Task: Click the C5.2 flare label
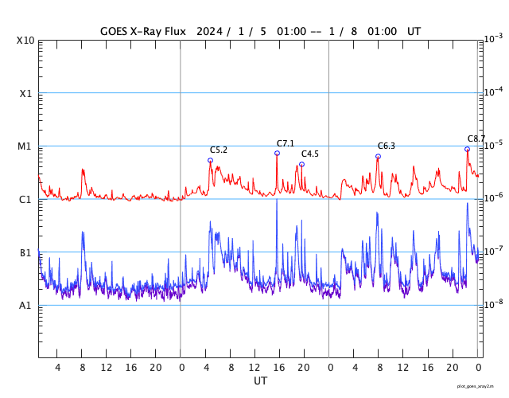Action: tap(219, 150)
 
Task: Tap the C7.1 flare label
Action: tap(286, 143)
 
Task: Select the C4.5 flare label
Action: tap(309, 154)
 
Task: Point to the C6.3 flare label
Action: tap(387, 146)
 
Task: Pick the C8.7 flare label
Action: tap(476, 139)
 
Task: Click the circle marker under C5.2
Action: tap(210, 160)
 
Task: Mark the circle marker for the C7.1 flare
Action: tap(277, 153)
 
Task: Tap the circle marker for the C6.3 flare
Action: tap(378, 156)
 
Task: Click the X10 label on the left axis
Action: tap(25, 41)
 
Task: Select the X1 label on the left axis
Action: tap(25, 93)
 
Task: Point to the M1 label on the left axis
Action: tap(25, 146)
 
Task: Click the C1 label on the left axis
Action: tap(25, 199)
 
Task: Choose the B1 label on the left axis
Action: tap(25, 252)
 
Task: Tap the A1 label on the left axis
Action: tap(25, 306)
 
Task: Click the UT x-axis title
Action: tap(260, 381)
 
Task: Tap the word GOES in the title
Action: tap(116, 32)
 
